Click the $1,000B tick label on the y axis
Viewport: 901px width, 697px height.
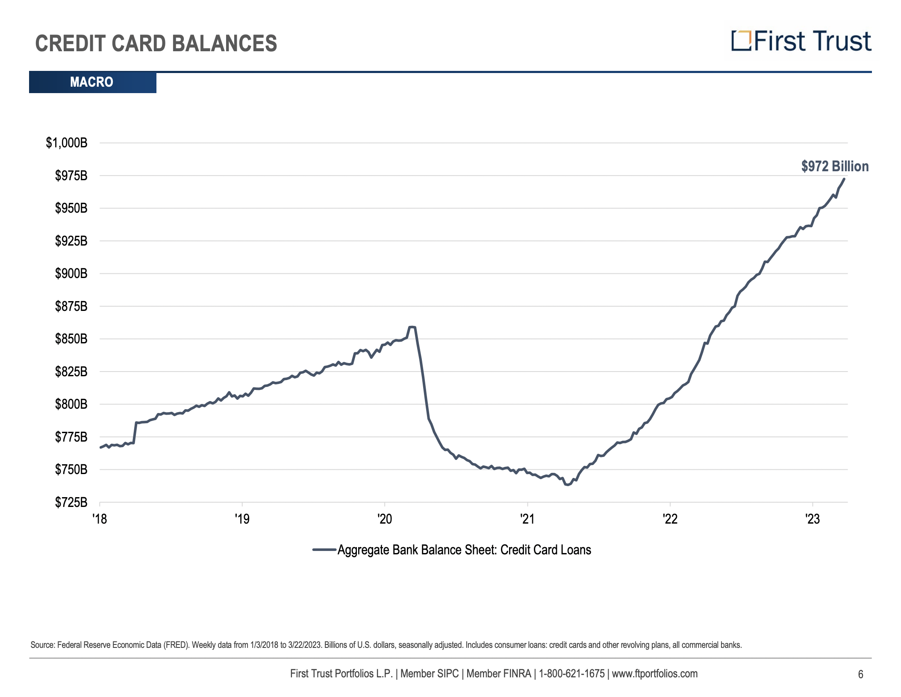click(66, 143)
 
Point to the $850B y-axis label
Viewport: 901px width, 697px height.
click(71, 339)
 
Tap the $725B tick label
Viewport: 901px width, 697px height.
click(71, 502)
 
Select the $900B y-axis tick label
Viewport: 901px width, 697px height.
click(71, 273)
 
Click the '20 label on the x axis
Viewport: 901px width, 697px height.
click(385, 518)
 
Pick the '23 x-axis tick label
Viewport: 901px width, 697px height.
click(813, 518)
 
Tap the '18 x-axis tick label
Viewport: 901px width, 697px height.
click(100, 518)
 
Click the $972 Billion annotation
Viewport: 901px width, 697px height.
click(835, 166)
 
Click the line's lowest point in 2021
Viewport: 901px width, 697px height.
click(567, 485)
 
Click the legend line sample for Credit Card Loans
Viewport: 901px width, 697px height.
click(324, 550)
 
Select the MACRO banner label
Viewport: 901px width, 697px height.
click(91, 82)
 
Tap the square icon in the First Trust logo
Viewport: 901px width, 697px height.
click(741, 41)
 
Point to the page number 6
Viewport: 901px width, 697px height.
click(860, 674)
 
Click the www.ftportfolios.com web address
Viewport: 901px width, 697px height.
click(654, 674)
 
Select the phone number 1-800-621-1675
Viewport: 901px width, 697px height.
click(571, 674)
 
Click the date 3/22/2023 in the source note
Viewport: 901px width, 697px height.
click(305, 645)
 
